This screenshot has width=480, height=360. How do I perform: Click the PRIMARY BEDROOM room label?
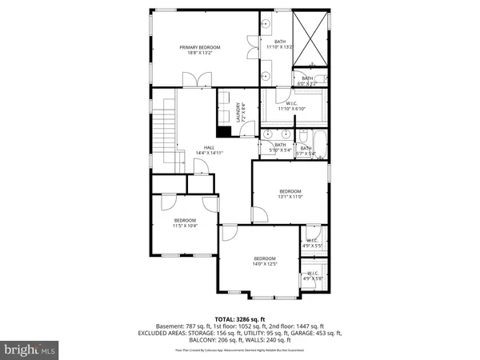click(199, 47)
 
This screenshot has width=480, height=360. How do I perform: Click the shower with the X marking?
click(310, 38)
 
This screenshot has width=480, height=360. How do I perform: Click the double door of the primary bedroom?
click(192, 82)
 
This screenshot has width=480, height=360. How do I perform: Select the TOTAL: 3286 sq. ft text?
click(240, 318)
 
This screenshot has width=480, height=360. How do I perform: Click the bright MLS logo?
click(30, 350)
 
